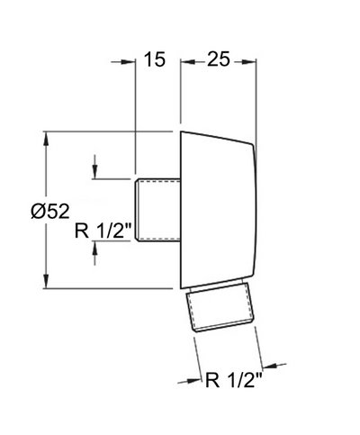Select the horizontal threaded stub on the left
pos(157,210)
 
